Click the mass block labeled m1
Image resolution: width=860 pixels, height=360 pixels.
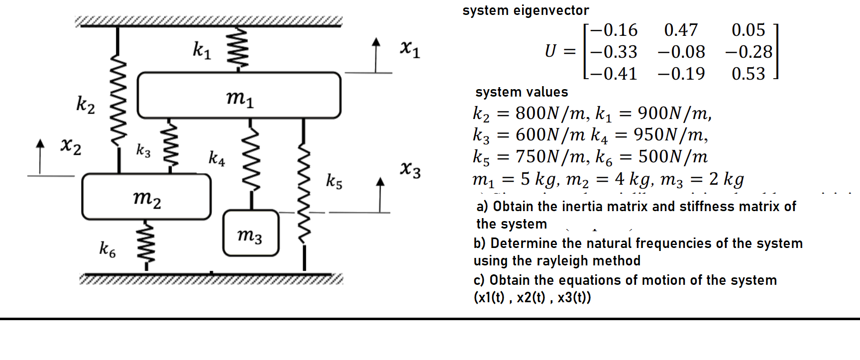(239, 96)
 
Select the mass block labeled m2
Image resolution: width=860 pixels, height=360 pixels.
(146, 197)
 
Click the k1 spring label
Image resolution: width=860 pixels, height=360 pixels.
(202, 50)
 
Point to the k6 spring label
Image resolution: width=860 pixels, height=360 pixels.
(107, 248)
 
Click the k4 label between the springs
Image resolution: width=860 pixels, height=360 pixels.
(216, 158)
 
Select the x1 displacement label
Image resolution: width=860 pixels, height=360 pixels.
(410, 49)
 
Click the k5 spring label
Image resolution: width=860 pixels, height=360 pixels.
(334, 181)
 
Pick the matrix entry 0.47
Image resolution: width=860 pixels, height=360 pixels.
(681, 30)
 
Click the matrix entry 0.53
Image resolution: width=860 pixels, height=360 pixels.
(748, 74)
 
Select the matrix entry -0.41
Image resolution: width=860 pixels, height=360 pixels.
(614, 74)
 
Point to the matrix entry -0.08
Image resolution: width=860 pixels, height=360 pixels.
(681, 52)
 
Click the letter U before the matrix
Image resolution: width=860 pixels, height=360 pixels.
(550, 51)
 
